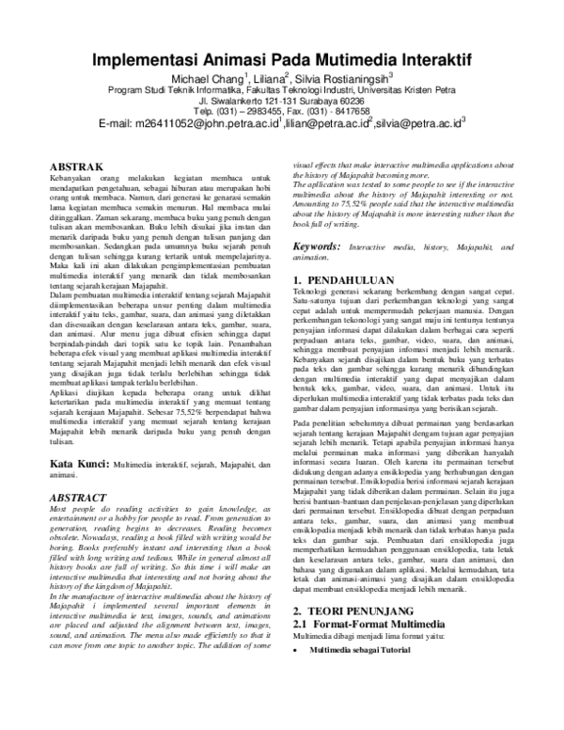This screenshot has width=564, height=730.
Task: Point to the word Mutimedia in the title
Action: click(x=342, y=56)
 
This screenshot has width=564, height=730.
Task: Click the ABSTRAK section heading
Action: click(x=76, y=166)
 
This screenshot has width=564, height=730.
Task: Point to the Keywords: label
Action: click(x=317, y=246)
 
